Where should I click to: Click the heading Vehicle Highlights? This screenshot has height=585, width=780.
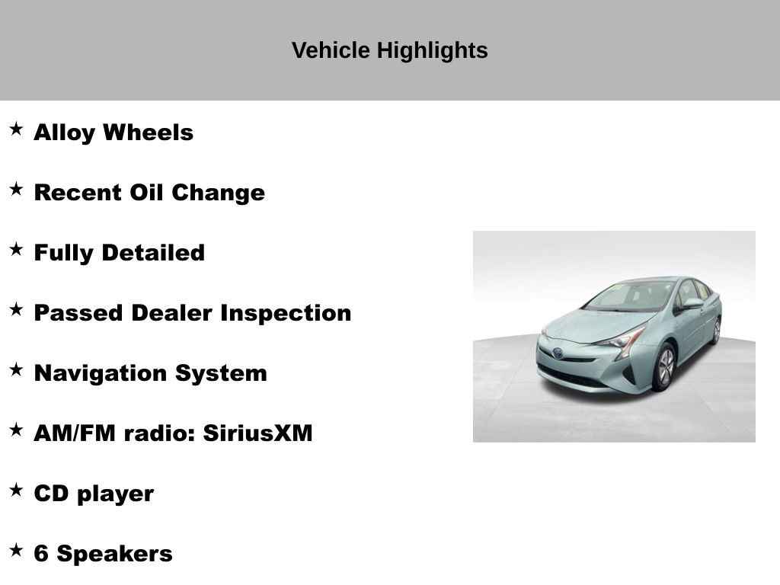[389, 50]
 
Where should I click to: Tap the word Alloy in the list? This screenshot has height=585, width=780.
[65, 133]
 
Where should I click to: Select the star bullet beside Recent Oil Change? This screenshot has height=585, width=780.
[16, 189]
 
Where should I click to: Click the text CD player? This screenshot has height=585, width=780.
[94, 494]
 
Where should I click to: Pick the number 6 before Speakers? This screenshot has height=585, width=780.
[41, 554]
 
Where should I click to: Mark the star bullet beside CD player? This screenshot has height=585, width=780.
[16, 490]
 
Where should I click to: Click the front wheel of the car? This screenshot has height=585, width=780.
[665, 367]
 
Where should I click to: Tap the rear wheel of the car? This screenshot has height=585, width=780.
[716, 331]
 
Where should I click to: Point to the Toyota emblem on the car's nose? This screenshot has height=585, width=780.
[559, 353]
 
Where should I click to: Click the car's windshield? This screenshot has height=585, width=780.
[631, 296]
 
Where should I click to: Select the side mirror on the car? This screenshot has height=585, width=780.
[692, 303]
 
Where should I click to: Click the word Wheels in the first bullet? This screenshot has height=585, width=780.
[148, 133]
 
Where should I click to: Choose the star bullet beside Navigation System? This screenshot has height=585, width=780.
[16, 369]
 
